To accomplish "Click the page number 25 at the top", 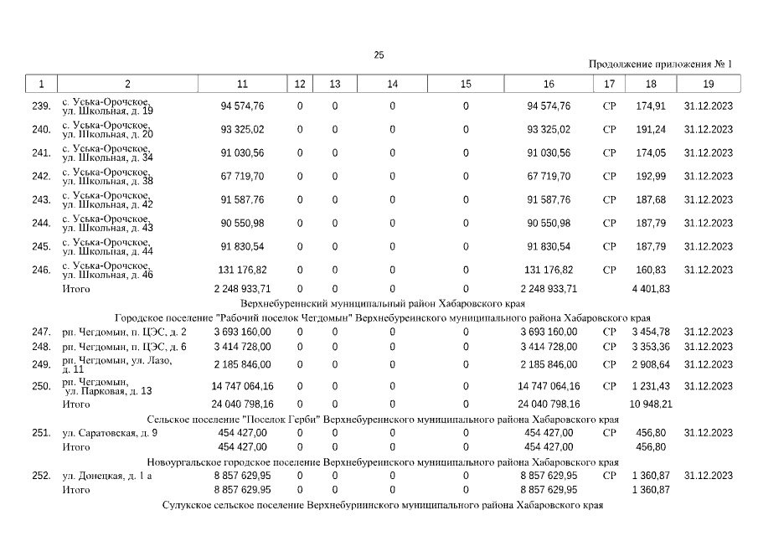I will click(x=379, y=55).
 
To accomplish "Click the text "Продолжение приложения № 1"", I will click(x=660, y=64).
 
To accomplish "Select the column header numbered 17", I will click(x=609, y=84).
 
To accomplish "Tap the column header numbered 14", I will click(x=392, y=84).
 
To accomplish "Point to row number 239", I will click(x=41, y=106).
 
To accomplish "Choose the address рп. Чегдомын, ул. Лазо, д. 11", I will click(x=117, y=364).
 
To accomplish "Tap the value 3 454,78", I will click(x=651, y=332).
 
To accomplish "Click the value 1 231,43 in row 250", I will click(x=651, y=386).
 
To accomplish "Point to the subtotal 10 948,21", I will click(x=651, y=405).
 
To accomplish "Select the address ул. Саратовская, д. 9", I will click(x=110, y=433).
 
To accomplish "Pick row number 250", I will click(x=41, y=386).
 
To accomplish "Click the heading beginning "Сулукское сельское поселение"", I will click(x=382, y=507).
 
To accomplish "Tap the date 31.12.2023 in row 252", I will click(x=708, y=476).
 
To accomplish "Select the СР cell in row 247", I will click(x=609, y=332).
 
